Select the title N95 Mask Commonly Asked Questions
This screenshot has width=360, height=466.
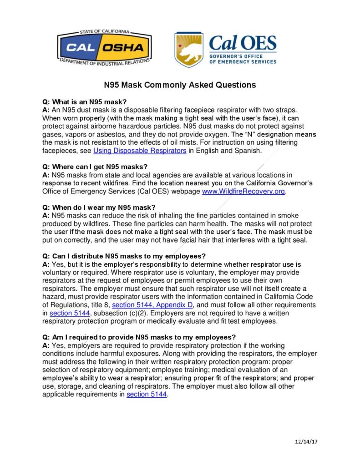pos(180,85)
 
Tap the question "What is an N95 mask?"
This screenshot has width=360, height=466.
pos(81,102)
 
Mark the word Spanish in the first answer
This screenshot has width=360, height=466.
pos(246,151)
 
